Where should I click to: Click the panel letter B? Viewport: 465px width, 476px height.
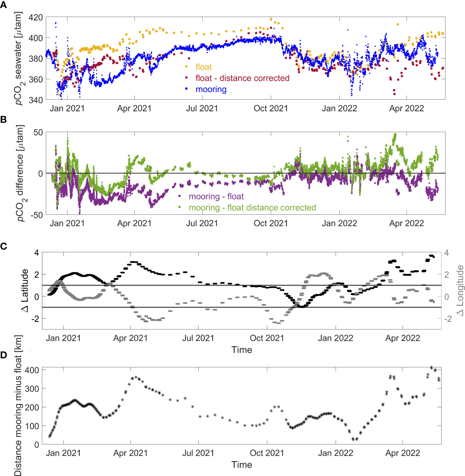click(x=3, y=119)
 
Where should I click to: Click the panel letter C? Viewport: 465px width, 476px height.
click(x=3, y=246)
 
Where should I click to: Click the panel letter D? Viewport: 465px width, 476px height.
click(x=3, y=355)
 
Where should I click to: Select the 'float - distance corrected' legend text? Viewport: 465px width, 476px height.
click(x=242, y=78)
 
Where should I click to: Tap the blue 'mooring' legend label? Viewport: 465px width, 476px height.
click(x=211, y=89)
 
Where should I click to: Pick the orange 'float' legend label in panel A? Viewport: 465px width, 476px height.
click(x=204, y=67)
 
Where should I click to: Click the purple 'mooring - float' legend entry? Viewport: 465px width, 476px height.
click(x=216, y=197)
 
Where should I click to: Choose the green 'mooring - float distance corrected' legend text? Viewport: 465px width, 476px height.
click(x=252, y=208)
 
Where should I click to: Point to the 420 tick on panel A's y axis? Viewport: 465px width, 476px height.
click(x=36, y=17)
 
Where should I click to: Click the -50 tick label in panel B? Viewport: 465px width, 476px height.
click(x=37, y=215)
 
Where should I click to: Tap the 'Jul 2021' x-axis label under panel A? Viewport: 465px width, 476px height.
click(x=202, y=109)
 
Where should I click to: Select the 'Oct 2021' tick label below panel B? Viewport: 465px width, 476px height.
click(x=271, y=223)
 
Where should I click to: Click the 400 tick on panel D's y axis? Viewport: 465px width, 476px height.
click(x=32, y=370)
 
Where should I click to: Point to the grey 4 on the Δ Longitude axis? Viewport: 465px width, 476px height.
click(x=447, y=253)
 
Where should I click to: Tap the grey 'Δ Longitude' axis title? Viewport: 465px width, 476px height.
click(x=460, y=290)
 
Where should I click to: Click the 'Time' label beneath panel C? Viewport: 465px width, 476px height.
click(x=242, y=350)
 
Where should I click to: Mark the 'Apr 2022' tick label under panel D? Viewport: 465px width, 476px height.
click(x=403, y=453)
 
